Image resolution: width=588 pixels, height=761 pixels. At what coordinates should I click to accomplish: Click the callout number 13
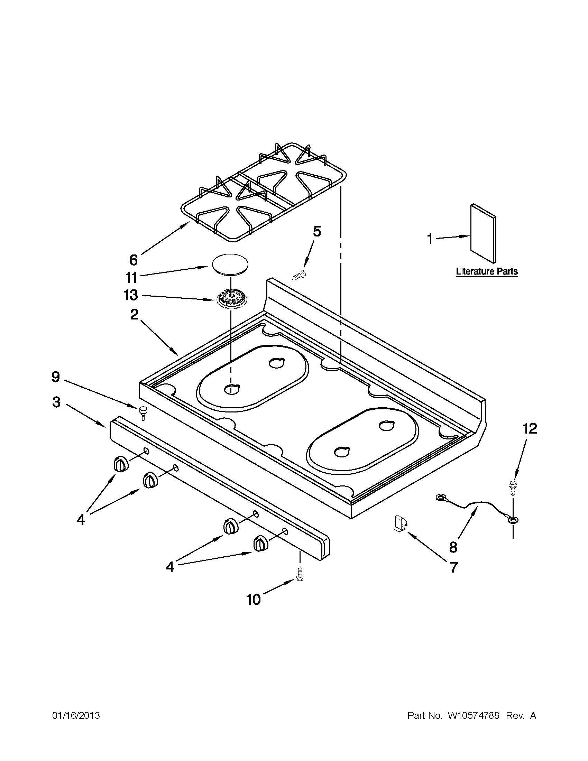131,295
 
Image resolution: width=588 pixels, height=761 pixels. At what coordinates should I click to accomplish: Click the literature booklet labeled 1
484,233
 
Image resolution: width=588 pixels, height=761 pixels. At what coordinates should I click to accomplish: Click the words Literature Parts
487,271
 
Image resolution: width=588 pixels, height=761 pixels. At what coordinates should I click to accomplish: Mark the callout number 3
56,402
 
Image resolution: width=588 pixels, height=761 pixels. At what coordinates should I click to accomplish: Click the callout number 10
254,600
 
